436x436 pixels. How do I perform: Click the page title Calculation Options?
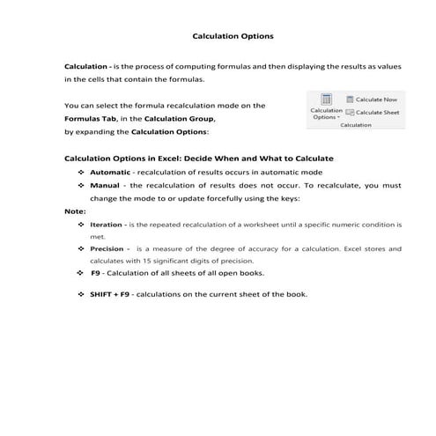pos(233,37)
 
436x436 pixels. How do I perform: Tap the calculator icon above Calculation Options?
pos(326,100)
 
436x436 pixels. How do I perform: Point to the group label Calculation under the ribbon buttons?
pos(355,125)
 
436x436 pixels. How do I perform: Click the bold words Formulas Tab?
pos(85,118)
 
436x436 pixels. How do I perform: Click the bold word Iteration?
pos(107,225)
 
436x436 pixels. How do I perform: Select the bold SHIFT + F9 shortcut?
pos(109,294)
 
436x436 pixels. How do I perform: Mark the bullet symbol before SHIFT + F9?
pos(81,294)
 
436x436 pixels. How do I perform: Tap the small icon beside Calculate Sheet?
pos(350,113)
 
